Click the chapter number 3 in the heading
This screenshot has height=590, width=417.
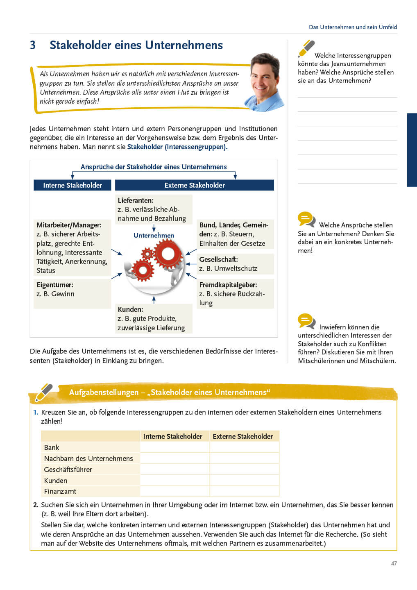(x=33, y=45)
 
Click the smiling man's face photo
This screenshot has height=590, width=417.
(x=264, y=80)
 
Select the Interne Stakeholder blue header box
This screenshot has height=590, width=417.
(x=73, y=185)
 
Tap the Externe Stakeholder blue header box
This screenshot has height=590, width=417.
(x=195, y=185)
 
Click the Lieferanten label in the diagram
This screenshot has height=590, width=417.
(x=136, y=200)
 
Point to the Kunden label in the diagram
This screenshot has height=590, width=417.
(x=130, y=309)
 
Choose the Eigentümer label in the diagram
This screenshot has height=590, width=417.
(x=55, y=285)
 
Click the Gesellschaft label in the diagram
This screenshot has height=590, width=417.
(x=218, y=259)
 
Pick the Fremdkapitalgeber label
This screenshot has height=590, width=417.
(x=228, y=285)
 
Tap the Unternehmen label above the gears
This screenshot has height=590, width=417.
(x=154, y=235)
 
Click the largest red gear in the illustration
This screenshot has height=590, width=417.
(x=168, y=254)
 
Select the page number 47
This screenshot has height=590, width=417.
(x=394, y=563)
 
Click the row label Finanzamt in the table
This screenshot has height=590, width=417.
(x=60, y=491)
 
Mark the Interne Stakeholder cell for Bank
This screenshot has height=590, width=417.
(x=175, y=447)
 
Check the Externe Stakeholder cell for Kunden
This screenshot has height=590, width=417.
(x=244, y=480)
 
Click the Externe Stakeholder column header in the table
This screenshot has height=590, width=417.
(x=243, y=436)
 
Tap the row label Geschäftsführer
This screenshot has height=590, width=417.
(x=68, y=470)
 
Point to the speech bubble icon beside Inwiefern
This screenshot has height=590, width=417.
(x=306, y=321)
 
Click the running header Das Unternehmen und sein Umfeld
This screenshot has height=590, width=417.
(x=353, y=27)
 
